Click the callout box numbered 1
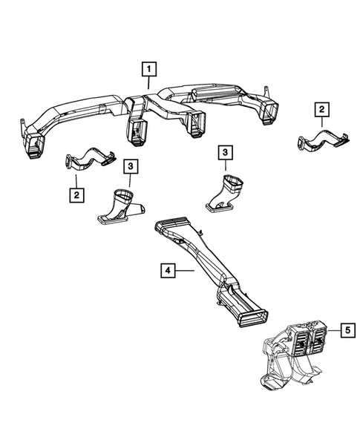click(149, 70)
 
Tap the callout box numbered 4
click(168, 272)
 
